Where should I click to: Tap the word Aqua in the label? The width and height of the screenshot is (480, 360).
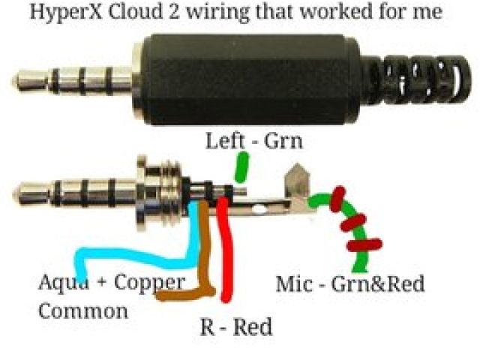(60, 283)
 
